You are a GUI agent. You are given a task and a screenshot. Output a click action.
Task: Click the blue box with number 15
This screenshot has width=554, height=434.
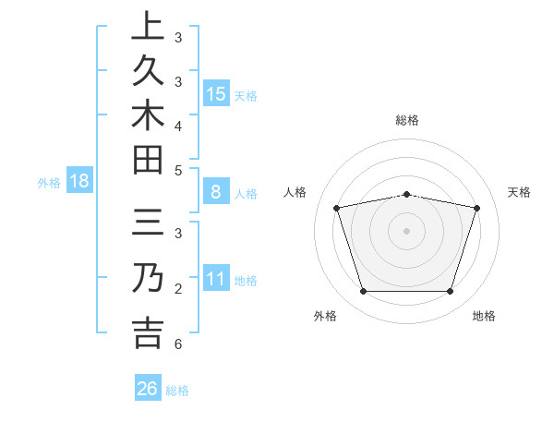click(216, 94)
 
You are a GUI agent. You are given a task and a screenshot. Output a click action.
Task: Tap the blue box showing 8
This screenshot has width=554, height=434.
click(216, 193)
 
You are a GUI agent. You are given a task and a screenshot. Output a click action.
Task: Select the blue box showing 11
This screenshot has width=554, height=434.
click(216, 279)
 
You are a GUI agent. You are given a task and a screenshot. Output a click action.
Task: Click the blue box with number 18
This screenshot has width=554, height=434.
click(78, 181)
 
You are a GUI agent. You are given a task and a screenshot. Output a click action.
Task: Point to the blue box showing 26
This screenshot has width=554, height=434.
click(147, 389)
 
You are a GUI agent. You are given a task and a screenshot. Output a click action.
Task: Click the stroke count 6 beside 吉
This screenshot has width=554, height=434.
click(177, 344)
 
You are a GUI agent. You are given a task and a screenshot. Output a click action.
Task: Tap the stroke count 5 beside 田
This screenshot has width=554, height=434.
click(177, 171)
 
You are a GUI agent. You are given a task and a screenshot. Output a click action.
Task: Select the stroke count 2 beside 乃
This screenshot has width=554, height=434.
click(177, 290)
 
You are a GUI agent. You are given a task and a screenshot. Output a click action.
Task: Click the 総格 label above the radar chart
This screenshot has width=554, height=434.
click(406, 120)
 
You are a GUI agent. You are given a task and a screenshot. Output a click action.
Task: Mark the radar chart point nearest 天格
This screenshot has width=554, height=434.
click(476, 208)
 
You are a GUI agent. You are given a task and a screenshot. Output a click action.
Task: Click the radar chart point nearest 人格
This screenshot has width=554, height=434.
click(337, 208)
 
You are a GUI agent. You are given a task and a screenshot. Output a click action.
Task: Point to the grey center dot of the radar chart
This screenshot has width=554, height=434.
click(406, 230)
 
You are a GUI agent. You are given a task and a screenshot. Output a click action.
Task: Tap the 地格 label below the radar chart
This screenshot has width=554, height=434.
click(484, 316)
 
